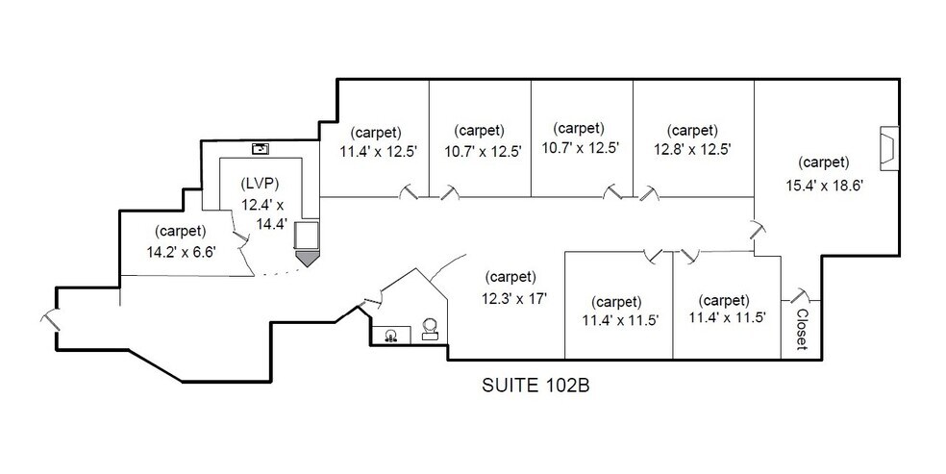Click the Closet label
point(801,329)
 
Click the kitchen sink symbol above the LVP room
point(260,148)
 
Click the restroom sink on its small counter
point(390,336)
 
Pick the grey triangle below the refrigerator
point(307,258)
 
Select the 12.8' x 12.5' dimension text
point(692,149)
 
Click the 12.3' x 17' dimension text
point(516,297)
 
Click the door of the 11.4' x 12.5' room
point(409,193)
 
